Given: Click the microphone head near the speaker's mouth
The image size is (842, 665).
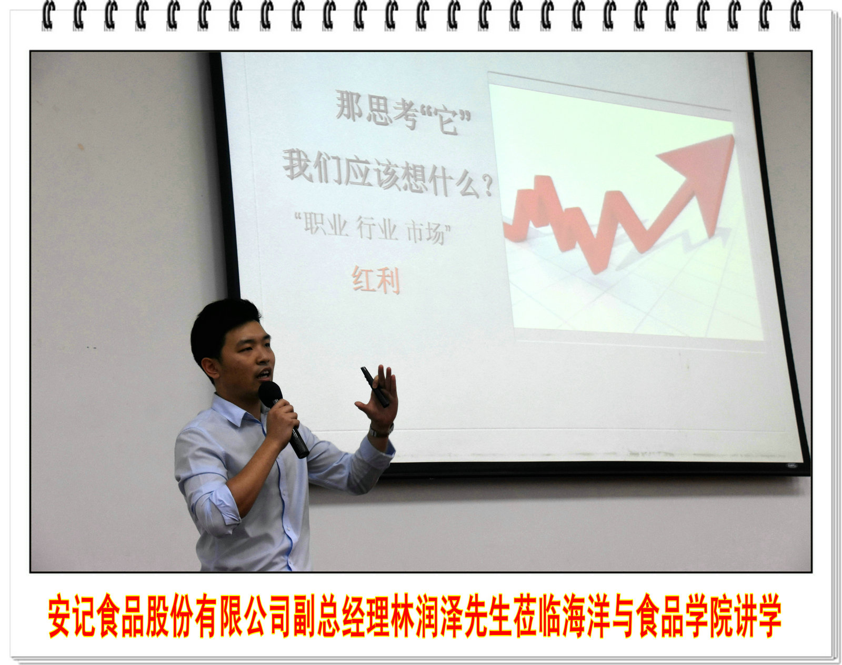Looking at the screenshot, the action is pyautogui.click(x=270, y=395).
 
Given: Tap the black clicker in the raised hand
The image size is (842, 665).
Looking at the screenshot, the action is pyautogui.click(x=375, y=387).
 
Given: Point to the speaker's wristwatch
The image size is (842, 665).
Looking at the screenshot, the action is pyautogui.click(x=380, y=431).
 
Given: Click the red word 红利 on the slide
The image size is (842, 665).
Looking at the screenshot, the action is pyautogui.click(x=376, y=280).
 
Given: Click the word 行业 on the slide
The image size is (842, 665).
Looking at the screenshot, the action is pyautogui.click(x=376, y=229).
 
